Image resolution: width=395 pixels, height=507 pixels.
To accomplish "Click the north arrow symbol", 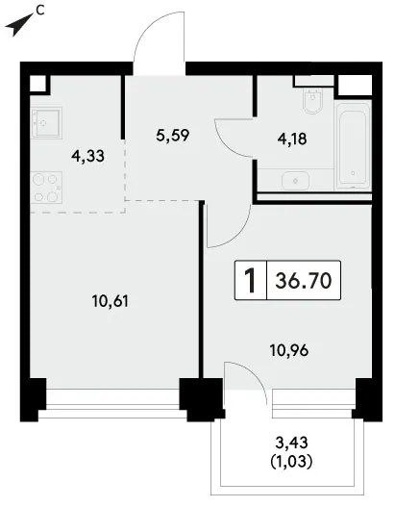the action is coord(18,25).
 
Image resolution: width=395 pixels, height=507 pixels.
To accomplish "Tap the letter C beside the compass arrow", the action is coord(39,11).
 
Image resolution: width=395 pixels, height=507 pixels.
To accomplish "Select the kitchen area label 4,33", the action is coord(87,156).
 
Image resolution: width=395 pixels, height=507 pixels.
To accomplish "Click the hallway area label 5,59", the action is coord(172,136).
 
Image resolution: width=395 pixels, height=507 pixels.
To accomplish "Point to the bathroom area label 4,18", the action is coord(292,139).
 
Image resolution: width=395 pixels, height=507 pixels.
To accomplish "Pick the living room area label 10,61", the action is coord(111,301).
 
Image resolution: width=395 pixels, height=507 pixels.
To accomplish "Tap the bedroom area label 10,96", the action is coord(289,350).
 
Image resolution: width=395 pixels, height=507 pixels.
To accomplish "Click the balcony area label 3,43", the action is coord(291,443).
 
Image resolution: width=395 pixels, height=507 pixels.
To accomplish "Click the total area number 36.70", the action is coord(304,280).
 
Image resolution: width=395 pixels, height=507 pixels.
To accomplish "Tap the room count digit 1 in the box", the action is coord(250,280).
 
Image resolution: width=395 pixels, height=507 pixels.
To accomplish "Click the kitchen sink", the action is coord(46,123).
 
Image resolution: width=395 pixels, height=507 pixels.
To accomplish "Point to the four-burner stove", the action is coord(46,188).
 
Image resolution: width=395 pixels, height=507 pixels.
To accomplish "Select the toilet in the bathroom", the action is coord(313,101).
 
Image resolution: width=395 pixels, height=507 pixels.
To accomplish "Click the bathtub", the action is coord(353,145).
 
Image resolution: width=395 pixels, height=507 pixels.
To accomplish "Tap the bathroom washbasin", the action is coord(295,181).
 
